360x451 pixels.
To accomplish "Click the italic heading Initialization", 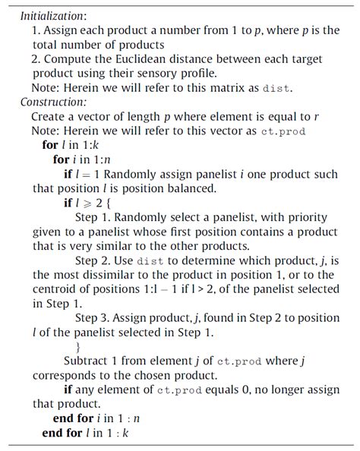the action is tap(53, 15).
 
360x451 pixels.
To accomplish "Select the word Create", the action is tap(48, 117).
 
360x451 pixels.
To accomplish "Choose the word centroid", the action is tap(55, 289).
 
